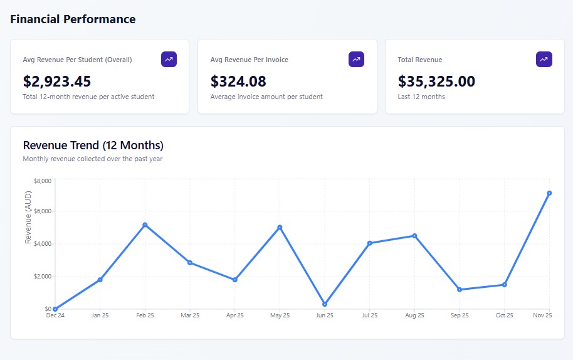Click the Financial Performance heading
pos(73,19)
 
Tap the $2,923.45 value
pos(57,82)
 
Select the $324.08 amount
pos(238,82)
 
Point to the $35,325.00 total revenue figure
pos(436,82)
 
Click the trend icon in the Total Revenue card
pos(544,60)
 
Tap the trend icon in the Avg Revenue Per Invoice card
pos(356,60)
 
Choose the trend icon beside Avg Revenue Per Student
pos(169,60)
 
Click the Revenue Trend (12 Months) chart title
pos(93,146)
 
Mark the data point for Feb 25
pos(145,225)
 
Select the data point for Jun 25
pos(325,304)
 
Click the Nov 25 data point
pos(549,193)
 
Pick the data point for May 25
pos(280,227)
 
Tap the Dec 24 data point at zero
pos(55,309)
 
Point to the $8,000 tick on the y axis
pos(43,181)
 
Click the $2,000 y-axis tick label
pos(43,277)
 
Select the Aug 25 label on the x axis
pos(414,315)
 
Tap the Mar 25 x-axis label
pos(190,315)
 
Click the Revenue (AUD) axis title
pos(28,216)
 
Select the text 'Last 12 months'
pos(421,97)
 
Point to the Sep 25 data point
pos(460,290)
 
